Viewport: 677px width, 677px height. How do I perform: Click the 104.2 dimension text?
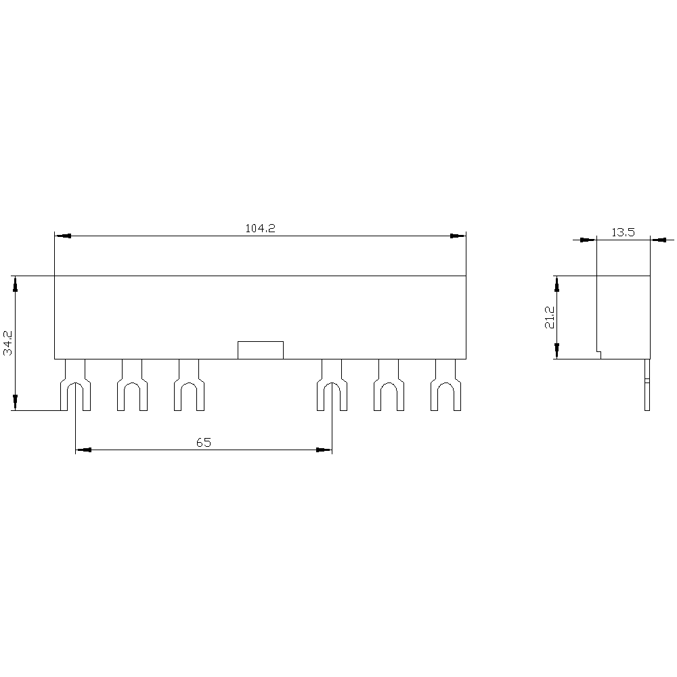(260, 229)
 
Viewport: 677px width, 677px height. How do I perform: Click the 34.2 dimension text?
(8, 343)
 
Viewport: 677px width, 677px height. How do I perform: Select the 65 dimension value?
(204, 443)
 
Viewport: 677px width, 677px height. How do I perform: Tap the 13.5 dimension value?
(623, 232)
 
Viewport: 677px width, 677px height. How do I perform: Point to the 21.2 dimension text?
(550, 317)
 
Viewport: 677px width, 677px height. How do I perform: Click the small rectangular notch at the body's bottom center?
(260, 350)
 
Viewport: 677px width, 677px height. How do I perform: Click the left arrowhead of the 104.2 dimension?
(62, 236)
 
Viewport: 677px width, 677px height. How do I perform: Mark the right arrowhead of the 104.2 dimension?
(458, 236)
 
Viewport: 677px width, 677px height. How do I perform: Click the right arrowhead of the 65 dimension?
(324, 450)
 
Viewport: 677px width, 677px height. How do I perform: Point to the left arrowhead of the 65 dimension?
(83, 450)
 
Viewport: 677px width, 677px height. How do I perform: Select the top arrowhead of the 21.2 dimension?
(556, 284)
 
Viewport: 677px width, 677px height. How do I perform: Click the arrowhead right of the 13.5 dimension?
(658, 239)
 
